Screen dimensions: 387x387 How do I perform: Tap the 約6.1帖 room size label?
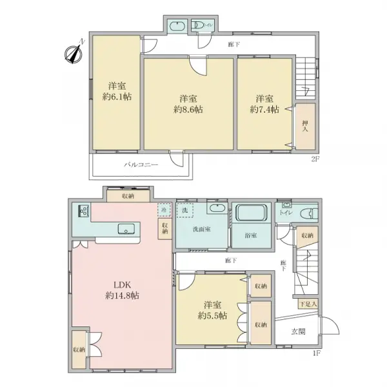point(115,97)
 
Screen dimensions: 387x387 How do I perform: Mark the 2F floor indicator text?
point(316,158)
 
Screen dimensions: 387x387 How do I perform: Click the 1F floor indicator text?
point(316,353)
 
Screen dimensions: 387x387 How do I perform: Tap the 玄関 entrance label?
point(298,331)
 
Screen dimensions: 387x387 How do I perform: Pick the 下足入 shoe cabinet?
point(306,304)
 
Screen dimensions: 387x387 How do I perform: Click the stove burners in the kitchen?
point(83,210)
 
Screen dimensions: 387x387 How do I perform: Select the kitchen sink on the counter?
point(126,227)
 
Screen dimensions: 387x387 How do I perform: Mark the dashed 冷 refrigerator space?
point(164,210)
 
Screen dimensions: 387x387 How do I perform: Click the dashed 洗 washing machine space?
point(184,210)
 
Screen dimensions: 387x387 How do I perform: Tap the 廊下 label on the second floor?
point(235,45)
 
